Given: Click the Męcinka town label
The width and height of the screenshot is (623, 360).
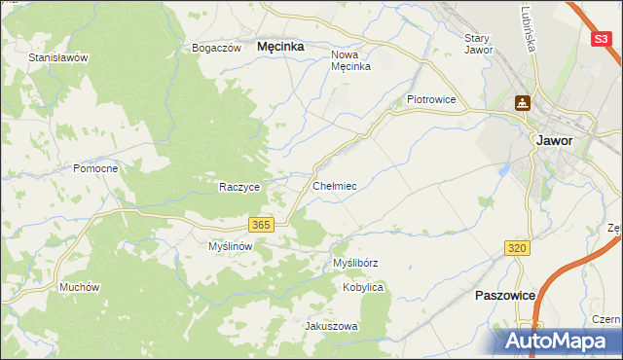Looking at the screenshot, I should point(279,46).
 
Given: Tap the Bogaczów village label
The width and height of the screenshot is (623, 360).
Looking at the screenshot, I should point(216,48).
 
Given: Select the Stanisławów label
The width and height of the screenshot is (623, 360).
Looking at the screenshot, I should point(58,57).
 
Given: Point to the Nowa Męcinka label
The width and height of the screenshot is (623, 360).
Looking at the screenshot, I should point(351,61).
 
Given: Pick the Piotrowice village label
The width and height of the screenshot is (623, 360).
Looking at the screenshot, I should point(431,99).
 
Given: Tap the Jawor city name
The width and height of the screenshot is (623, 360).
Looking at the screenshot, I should point(554,140).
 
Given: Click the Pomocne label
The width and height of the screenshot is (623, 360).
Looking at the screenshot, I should point(95,168).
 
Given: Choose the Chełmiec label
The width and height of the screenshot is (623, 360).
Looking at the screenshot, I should point(335,185).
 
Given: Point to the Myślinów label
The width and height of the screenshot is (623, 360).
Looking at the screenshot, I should point(231,246).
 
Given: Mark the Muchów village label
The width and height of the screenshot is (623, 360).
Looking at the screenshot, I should point(80,287).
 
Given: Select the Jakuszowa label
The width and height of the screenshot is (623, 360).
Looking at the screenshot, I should point(332,326).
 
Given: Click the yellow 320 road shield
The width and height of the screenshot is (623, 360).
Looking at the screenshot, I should point(517,249).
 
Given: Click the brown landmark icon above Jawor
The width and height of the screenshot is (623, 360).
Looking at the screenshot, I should point(523,102).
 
